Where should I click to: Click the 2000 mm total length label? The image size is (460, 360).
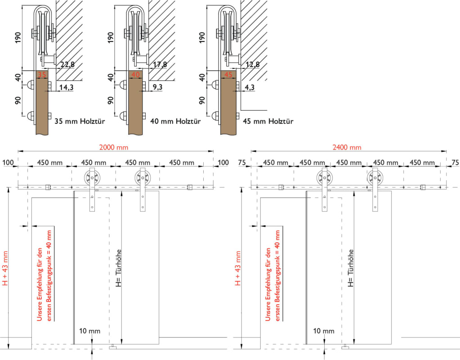coord(113,147)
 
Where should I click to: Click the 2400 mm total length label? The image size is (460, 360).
coord(347,147)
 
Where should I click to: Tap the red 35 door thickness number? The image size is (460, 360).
coord(42,75)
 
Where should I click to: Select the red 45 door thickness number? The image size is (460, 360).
coord(228,75)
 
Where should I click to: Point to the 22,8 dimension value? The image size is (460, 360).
coord(67,65)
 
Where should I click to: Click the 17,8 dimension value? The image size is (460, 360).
coord(160,65)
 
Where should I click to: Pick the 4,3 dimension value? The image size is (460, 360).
coord(250,87)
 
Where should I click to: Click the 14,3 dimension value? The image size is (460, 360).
coord(66,87)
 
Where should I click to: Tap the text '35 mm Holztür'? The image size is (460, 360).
coord(80,121)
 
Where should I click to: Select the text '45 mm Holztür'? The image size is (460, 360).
coord(268,121)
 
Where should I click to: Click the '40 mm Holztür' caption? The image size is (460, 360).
coord(175,121)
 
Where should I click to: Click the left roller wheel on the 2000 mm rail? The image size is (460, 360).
coord(92,178)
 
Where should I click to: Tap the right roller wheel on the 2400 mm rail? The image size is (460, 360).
coord(375,178)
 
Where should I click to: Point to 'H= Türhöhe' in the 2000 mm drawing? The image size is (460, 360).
coord(118,268)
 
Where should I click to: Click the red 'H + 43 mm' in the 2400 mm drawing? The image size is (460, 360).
coord(237,268)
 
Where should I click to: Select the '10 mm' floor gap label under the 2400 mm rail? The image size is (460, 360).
coord(324,331)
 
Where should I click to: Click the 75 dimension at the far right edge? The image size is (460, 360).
coord(456,162)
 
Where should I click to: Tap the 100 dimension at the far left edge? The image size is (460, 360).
coord(8,162)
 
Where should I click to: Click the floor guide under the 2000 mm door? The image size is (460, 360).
coord(113,347)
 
